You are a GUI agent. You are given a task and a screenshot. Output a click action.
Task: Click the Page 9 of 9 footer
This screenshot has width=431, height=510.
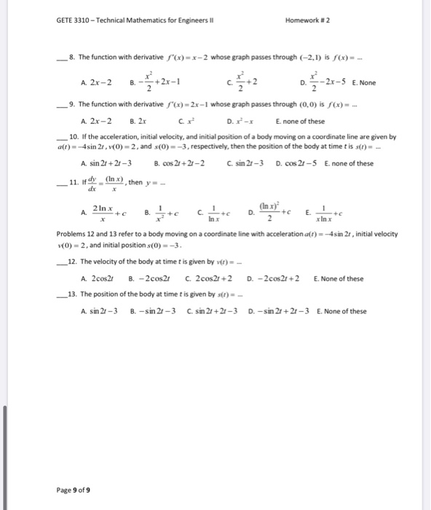click(73, 489)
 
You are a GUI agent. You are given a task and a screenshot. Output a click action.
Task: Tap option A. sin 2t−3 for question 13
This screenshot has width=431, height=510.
click(100, 311)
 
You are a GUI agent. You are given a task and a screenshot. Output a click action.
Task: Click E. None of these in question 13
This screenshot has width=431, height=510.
click(341, 311)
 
